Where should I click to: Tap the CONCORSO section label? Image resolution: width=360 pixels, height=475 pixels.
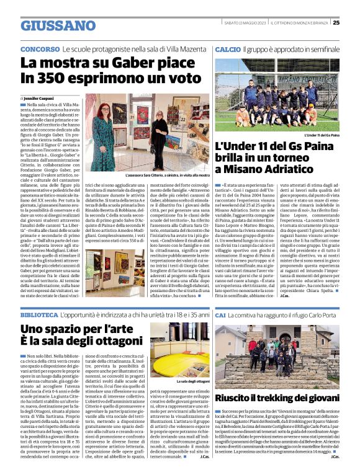click(40, 48)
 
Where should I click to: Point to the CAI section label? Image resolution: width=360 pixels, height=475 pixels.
click(220, 315)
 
